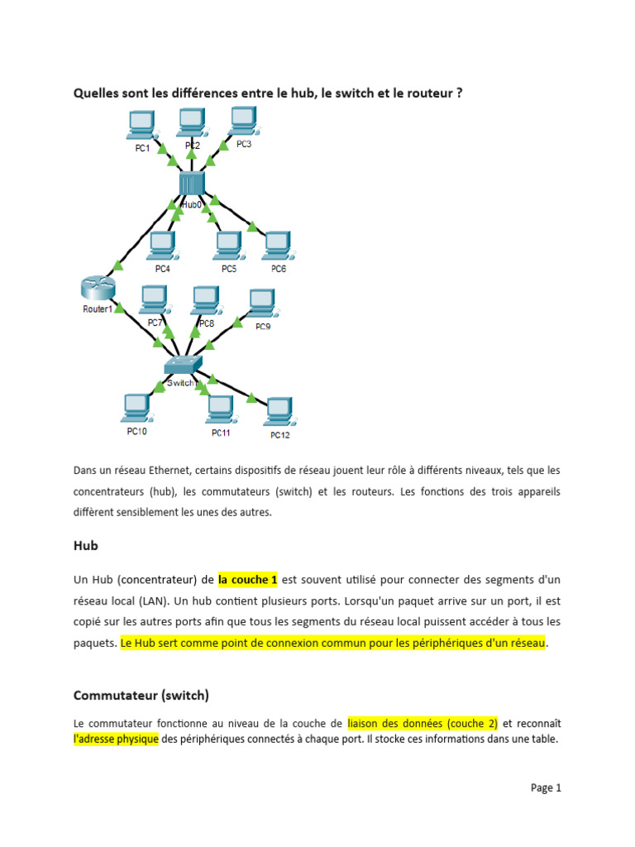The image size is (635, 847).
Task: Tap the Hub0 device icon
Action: point(191,182)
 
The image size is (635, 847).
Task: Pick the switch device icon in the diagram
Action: point(182,366)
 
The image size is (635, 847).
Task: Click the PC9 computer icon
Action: point(263,304)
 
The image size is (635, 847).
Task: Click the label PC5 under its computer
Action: point(229,269)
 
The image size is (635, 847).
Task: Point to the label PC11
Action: point(221,433)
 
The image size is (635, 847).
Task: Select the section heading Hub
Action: point(86,546)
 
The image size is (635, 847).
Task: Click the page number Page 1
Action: point(546,787)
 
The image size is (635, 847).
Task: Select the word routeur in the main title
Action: point(427,93)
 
